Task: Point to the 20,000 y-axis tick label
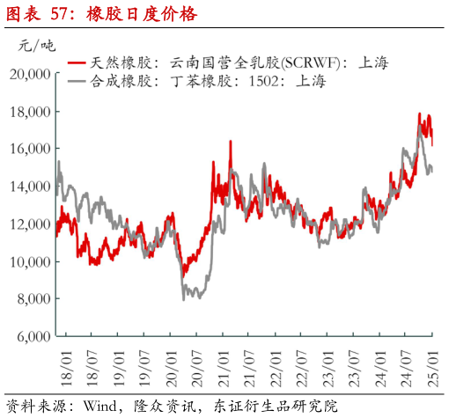[x=30, y=74]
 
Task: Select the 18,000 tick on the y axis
[x=30, y=112]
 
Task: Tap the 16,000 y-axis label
[x=30, y=150]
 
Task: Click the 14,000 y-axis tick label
[x=30, y=187]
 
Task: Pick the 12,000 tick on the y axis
[x=30, y=224]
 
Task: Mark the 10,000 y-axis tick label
[x=30, y=262]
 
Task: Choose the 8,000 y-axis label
[x=33, y=299]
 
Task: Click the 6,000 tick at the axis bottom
[x=33, y=337]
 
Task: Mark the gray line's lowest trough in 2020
[x=183, y=299]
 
